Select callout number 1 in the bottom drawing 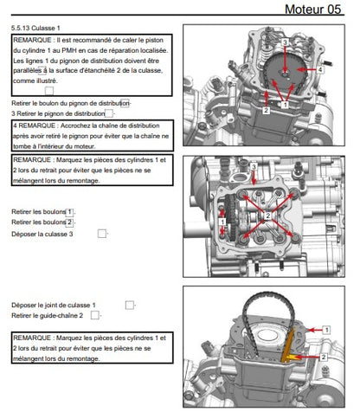327,330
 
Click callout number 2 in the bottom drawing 322,357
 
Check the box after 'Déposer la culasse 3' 102,233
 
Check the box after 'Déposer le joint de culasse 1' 129,305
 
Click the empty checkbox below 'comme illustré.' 48,90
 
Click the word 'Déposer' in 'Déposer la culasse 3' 26,234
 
